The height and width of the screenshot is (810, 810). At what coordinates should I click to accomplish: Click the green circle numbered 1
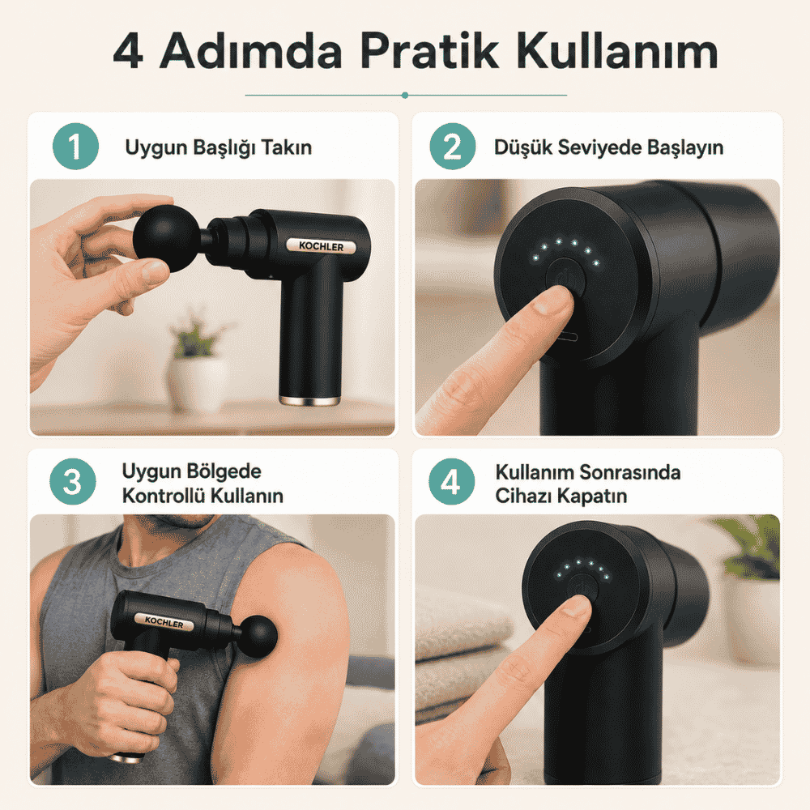(75, 146)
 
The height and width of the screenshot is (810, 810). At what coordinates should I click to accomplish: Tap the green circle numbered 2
(453, 146)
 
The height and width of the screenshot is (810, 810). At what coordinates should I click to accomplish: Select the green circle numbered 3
(73, 481)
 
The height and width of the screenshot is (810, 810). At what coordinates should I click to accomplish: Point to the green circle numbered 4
(451, 481)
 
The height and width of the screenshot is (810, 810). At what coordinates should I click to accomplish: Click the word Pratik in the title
(430, 50)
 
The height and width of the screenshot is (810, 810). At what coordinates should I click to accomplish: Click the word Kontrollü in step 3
(164, 496)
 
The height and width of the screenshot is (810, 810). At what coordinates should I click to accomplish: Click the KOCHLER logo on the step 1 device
(322, 246)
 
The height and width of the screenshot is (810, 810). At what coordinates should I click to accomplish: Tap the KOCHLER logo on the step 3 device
(164, 621)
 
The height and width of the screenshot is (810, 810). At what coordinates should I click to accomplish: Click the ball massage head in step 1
(166, 238)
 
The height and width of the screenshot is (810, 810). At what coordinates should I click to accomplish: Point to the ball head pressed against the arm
(258, 637)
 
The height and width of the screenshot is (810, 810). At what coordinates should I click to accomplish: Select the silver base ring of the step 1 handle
(309, 400)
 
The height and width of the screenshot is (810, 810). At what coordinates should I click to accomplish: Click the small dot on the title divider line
(405, 95)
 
